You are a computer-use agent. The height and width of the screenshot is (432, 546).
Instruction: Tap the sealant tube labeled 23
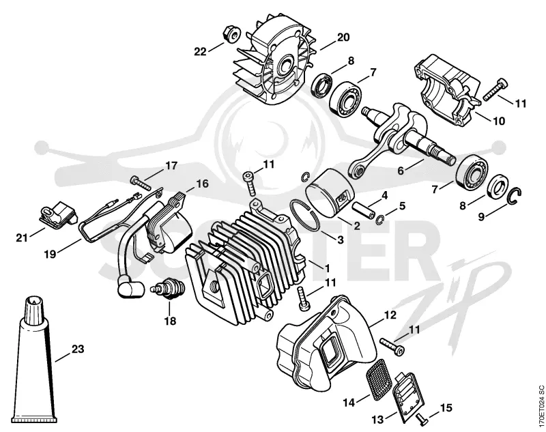(33, 358)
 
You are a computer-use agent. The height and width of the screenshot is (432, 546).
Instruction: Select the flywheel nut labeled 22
(231, 33)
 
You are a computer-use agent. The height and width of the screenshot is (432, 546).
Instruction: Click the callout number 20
(343, 37)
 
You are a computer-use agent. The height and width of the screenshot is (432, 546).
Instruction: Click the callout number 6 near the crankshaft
(401, 171)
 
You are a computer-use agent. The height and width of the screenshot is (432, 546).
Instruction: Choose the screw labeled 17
(141, 183)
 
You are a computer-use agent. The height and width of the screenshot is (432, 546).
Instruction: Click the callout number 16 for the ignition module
(202, 184)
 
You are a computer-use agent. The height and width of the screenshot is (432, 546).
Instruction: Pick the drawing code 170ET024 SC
(541, 405)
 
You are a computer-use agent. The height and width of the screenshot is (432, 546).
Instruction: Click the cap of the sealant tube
(33, 307)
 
